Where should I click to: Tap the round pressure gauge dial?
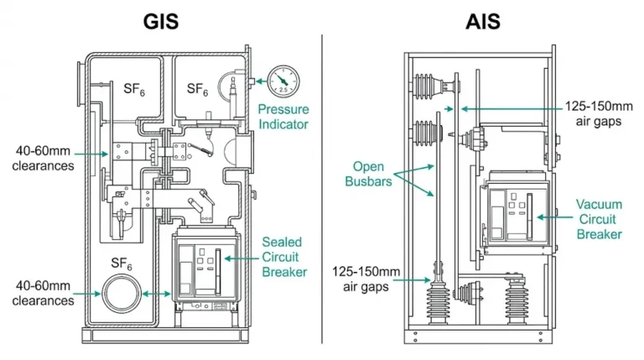pos(283,81)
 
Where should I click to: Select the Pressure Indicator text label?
pos(283,117)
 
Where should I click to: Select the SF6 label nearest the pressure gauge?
pos(197,88)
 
